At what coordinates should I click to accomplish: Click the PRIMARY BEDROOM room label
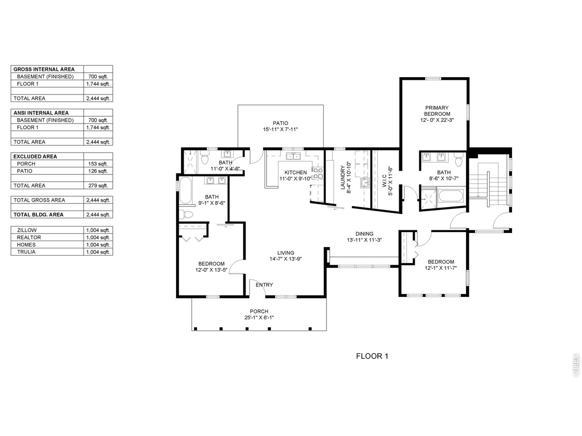436,111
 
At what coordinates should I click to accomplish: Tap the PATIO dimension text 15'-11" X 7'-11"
280,129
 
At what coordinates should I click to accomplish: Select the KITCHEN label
296,172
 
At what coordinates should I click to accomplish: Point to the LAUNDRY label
342,178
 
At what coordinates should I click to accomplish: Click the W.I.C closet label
384,181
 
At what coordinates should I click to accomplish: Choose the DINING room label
364,234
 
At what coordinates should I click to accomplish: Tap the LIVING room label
286,253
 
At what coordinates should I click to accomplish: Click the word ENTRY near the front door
264,285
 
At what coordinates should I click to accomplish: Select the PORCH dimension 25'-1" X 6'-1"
259,317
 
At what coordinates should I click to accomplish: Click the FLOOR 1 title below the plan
372,357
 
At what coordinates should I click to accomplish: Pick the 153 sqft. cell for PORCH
98,164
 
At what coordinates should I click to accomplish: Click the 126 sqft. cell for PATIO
98,171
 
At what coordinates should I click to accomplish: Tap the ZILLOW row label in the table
27,230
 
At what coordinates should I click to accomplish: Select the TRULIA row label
26,252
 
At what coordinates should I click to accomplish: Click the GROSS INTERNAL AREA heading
44,69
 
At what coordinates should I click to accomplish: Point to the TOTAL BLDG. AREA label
39,215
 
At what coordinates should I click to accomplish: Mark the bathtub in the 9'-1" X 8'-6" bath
185,190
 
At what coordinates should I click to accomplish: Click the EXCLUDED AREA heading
35,156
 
